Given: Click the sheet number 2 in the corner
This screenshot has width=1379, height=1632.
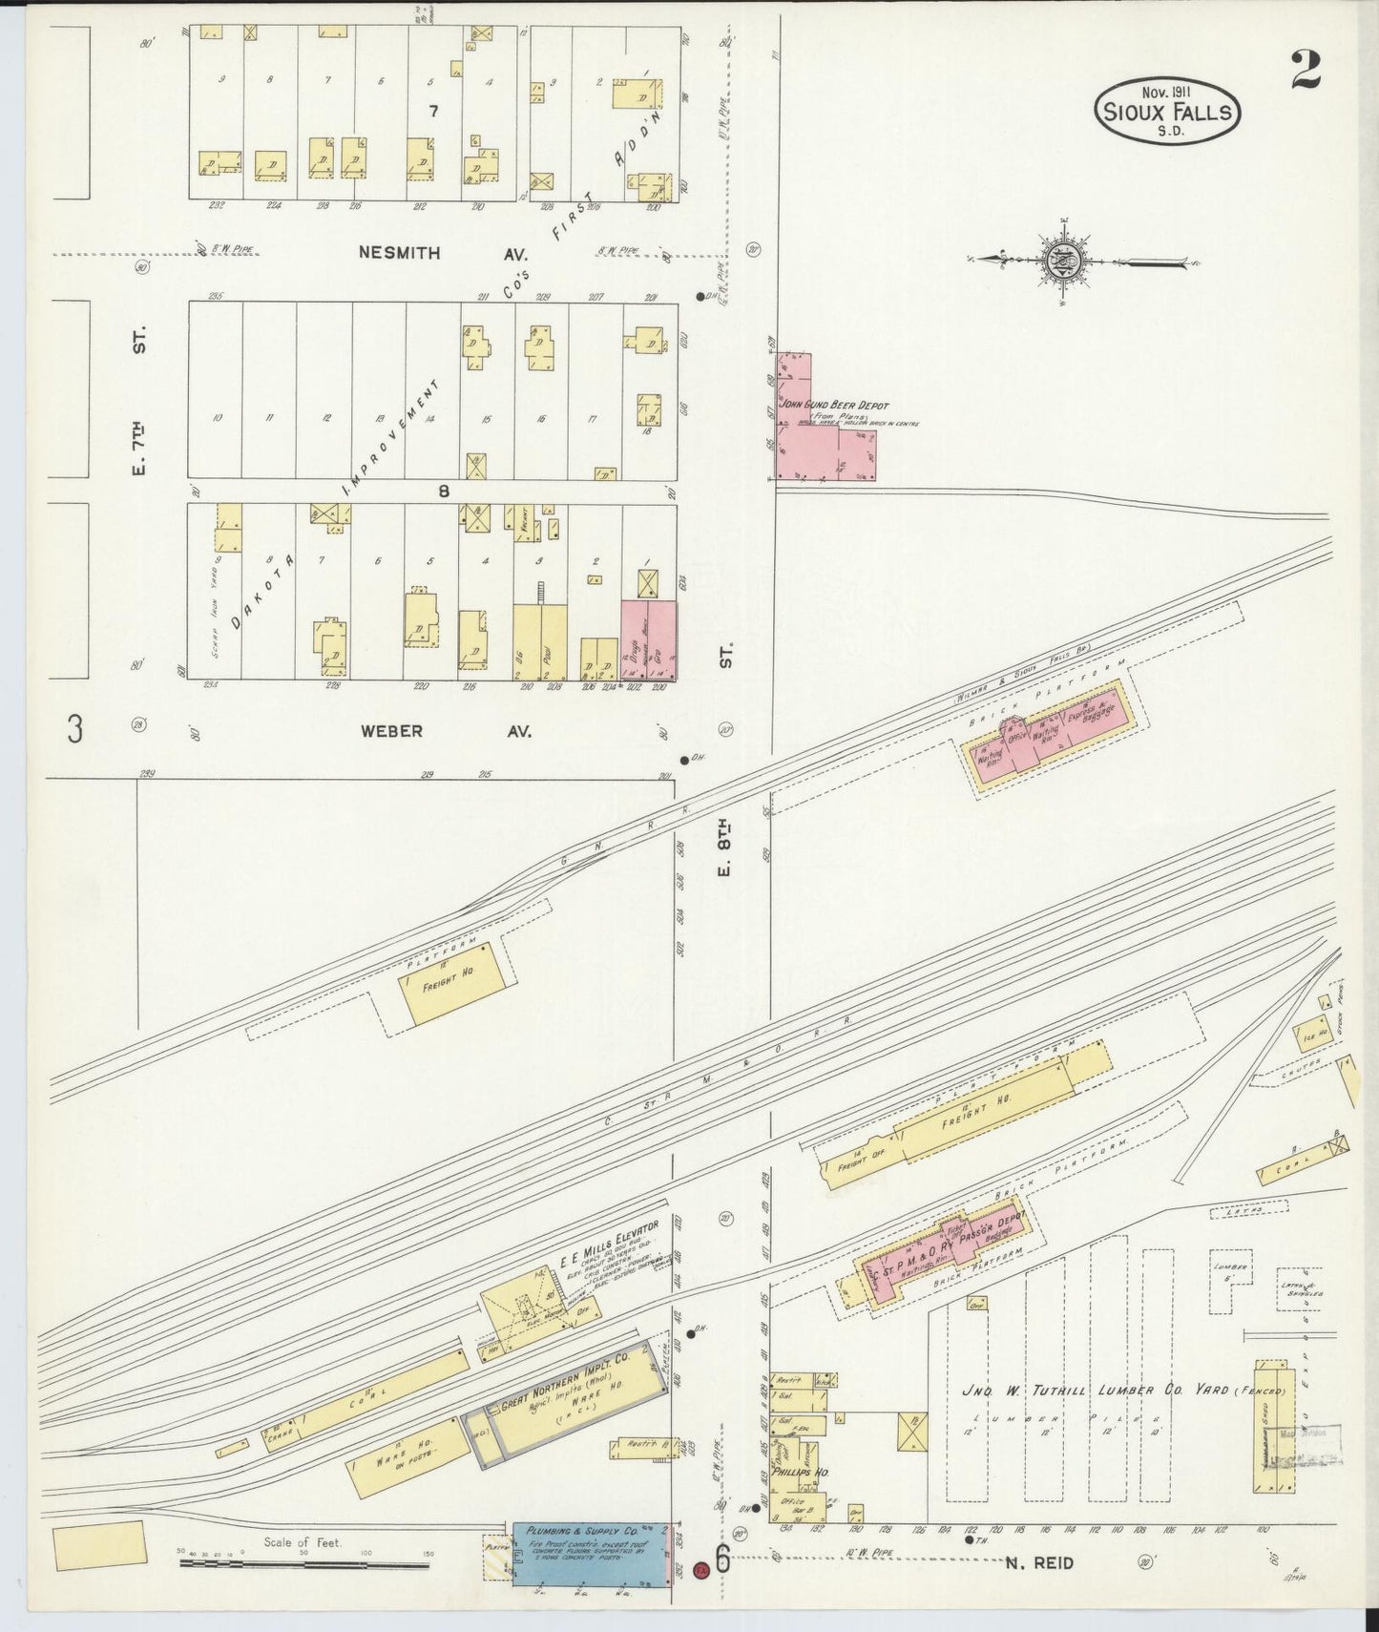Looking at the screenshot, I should (1306, 70).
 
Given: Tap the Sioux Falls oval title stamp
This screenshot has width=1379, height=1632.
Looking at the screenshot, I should (1167, 112).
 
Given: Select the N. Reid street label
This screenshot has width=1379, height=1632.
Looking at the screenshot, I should (1039, 1562).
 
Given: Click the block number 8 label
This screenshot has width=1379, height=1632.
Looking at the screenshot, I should (444, 492).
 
